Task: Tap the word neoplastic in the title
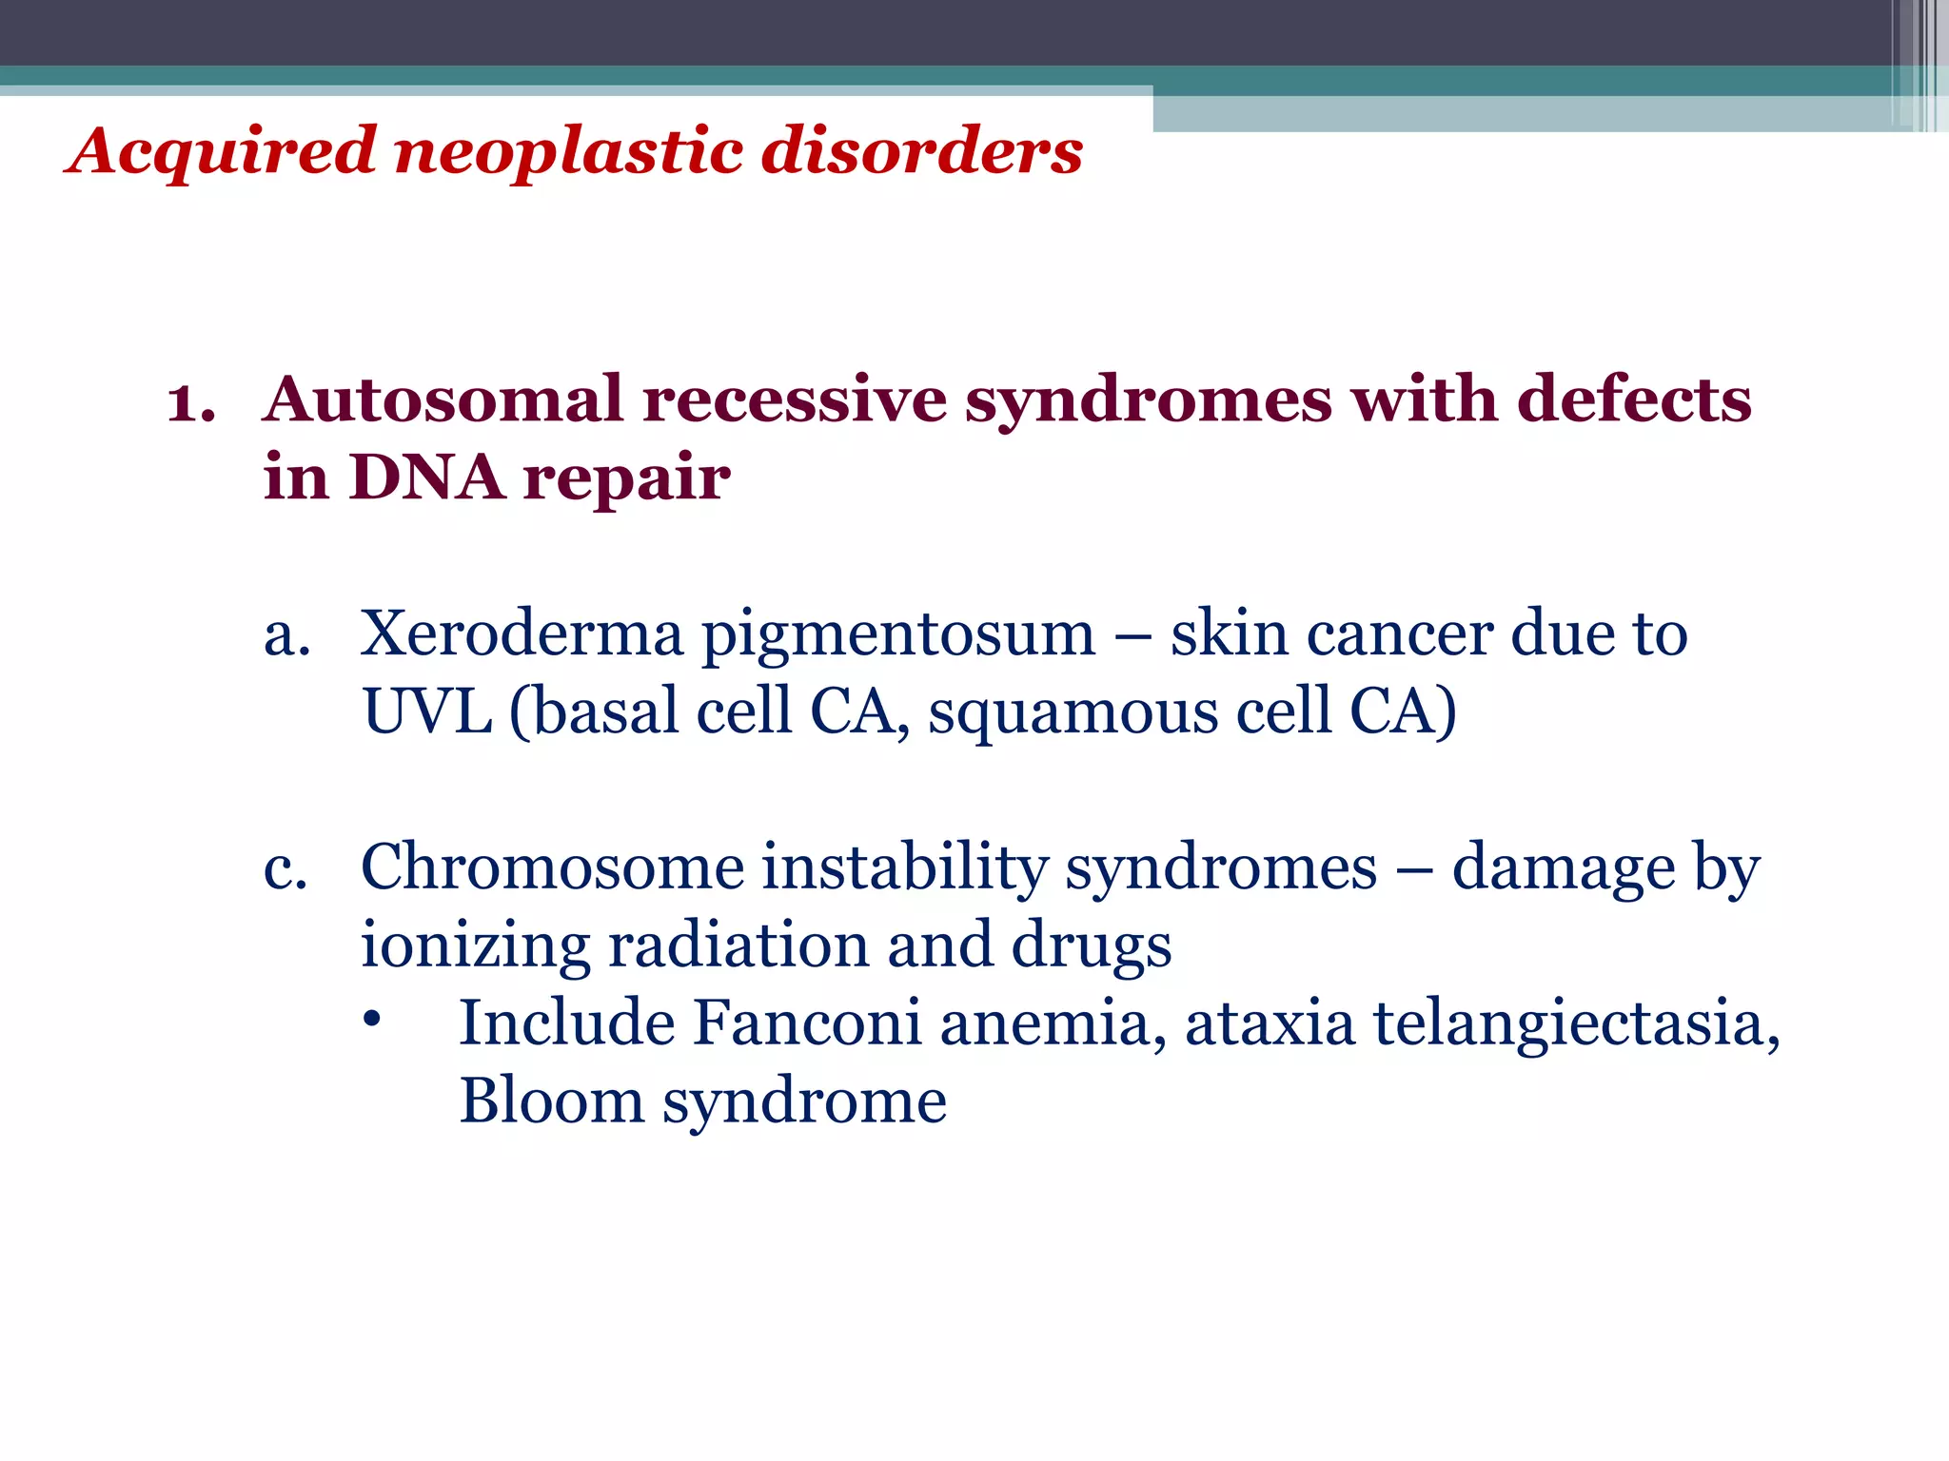click(568, 152)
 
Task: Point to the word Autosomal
click(443, 399)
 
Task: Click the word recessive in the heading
click(794, 399)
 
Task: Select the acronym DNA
click(426, 477)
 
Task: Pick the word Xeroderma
click(522, 633)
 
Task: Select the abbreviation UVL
click(427, 711)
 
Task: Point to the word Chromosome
click(552, 867)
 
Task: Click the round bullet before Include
click(372, 1020)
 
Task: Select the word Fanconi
click(807, 1023)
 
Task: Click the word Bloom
click(552, 1101)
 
